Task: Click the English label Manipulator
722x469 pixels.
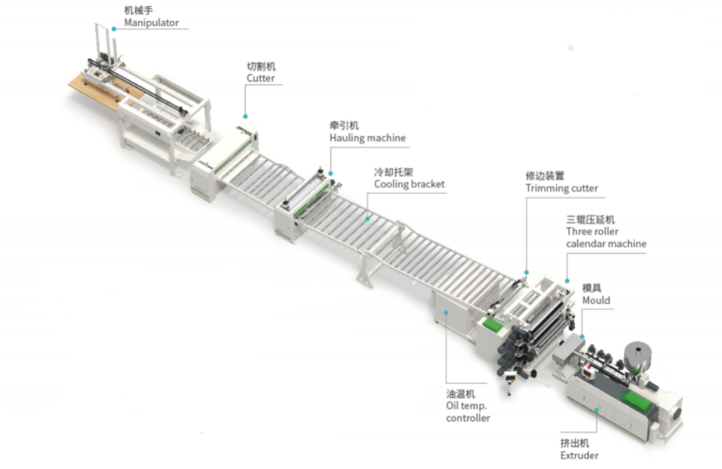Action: point(151,23)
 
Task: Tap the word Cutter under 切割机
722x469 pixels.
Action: point(260,78)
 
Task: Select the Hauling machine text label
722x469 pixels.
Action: point(367,138)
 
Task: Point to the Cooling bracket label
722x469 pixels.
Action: point(409,184)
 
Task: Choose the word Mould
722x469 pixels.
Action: point(596,300)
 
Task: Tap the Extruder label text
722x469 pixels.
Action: point(579,456)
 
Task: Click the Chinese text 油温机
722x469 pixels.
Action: point(461,394)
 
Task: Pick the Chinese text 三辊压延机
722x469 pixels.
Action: point(591,219)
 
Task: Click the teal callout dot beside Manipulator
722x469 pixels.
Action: point(114,29)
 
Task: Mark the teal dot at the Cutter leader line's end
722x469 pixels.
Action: point(244,116)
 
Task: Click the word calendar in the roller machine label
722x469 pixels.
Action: point(586,244)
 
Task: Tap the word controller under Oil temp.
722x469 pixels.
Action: point(468,418)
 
